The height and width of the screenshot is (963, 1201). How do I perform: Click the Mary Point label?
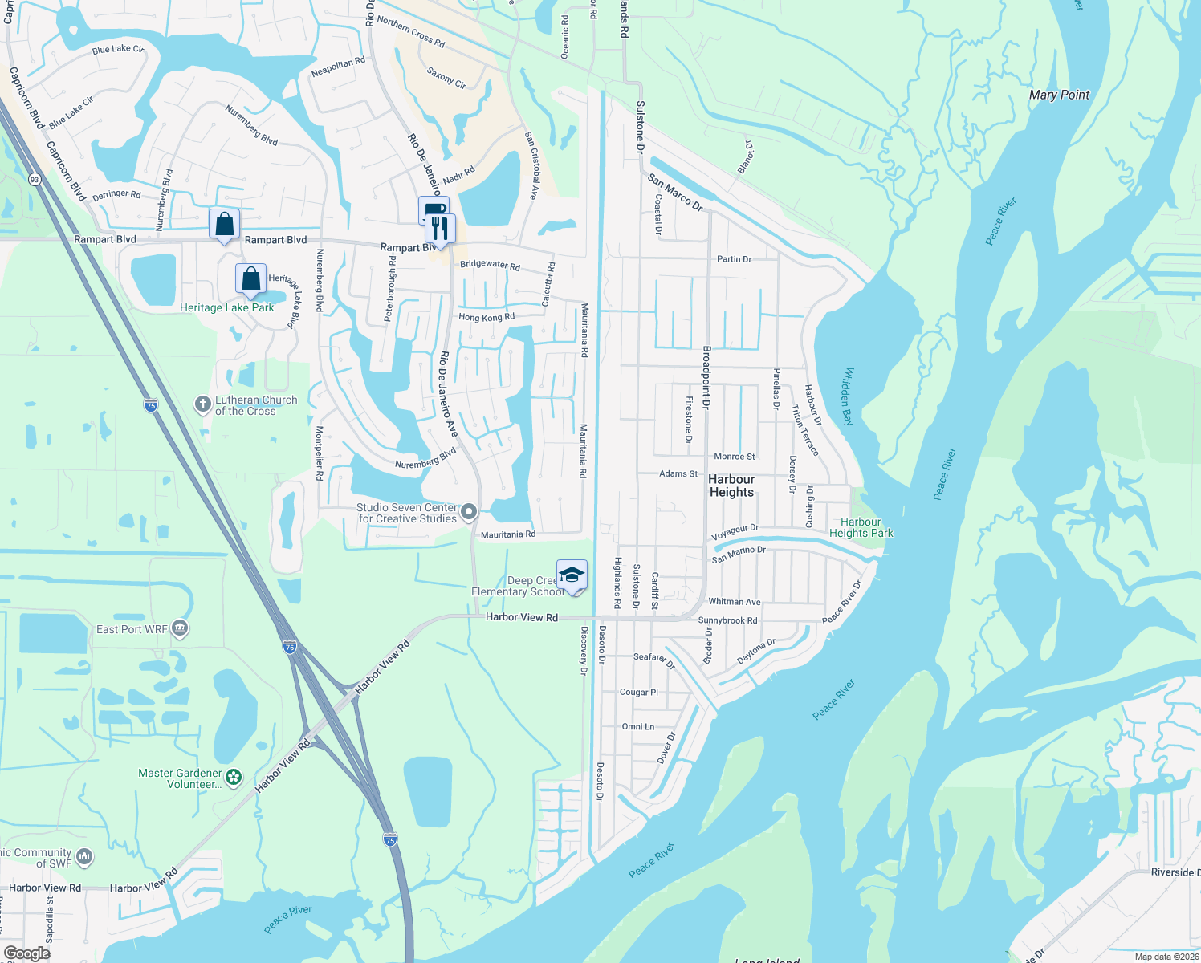pos(1059,95)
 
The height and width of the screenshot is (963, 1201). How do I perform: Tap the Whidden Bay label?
pos(848,396)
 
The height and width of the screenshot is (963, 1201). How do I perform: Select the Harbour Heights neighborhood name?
pos(731,486)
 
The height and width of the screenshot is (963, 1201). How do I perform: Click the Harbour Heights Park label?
pos(861,527)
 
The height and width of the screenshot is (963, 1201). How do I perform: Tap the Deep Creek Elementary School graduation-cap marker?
pos(572,575)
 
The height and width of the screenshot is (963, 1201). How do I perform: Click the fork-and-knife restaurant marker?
pos(439,228)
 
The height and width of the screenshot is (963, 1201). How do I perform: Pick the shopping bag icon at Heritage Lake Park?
pos(250,278)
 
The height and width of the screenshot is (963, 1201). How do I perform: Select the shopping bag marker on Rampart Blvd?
pos(224,223)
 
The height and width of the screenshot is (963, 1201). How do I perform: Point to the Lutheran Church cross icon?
pos(203,404)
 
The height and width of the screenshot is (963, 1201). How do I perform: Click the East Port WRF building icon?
pos(180,628)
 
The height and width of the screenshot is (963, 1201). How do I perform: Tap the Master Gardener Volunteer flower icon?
pos(234,778)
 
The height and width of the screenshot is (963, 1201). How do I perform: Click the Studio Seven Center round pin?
pos(469,511)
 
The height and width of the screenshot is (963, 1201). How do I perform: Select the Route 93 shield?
pos(34,179)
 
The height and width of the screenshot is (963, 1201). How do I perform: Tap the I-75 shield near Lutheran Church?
pos(151,405)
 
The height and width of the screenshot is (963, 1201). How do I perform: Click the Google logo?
pos(26,953)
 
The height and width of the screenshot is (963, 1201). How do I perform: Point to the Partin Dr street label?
pos(734,259)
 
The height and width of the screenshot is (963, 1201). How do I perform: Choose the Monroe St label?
pos(735,457)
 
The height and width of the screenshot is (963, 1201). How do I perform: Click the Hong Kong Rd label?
pos(487,318)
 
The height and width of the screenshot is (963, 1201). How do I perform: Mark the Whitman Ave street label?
pos(734,602)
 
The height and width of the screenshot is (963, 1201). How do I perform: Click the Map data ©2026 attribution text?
pos(1166,957)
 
